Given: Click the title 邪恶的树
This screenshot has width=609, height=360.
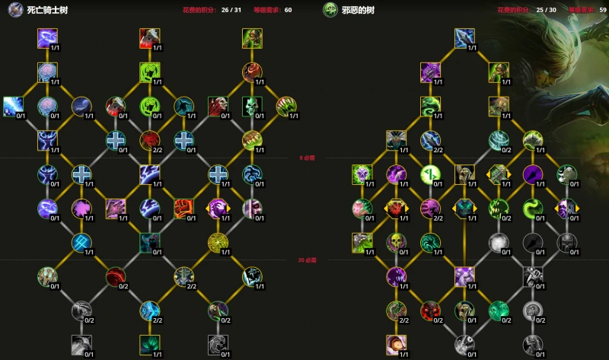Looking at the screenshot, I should pos(359,10).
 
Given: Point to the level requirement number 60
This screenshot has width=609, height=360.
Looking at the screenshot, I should pos(288,11).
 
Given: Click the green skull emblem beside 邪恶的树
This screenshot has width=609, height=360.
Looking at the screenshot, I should pos(330,10).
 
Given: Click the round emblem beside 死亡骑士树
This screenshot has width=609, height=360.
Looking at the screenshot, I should pos(14,10).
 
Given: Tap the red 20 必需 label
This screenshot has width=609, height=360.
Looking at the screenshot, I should pos(306,260).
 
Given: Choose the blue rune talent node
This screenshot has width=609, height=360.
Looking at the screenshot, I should pos(82,242).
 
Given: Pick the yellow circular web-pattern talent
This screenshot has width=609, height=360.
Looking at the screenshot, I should pos(218,242).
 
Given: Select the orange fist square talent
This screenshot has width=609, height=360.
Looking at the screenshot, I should pos(183,207).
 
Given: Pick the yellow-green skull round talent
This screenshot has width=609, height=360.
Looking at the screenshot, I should pos(395,242).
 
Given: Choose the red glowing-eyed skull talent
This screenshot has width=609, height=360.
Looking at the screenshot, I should pos(395,207).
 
